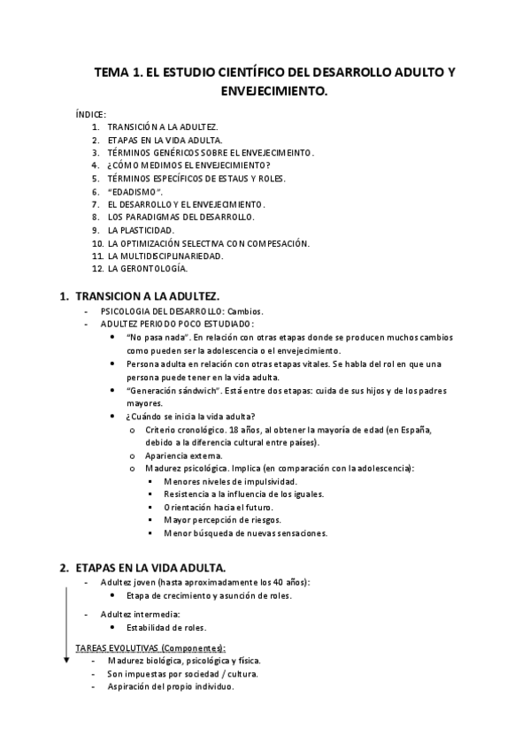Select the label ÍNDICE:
tap(92, 114)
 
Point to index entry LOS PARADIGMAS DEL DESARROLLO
tap(181, 217)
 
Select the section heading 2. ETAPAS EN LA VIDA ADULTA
tap(142, 567)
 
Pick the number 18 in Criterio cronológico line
tap(229, 430)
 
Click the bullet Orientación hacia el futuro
tap(218, 507)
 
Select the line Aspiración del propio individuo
tap(171, 686)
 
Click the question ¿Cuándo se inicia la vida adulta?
tap(191, 417)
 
